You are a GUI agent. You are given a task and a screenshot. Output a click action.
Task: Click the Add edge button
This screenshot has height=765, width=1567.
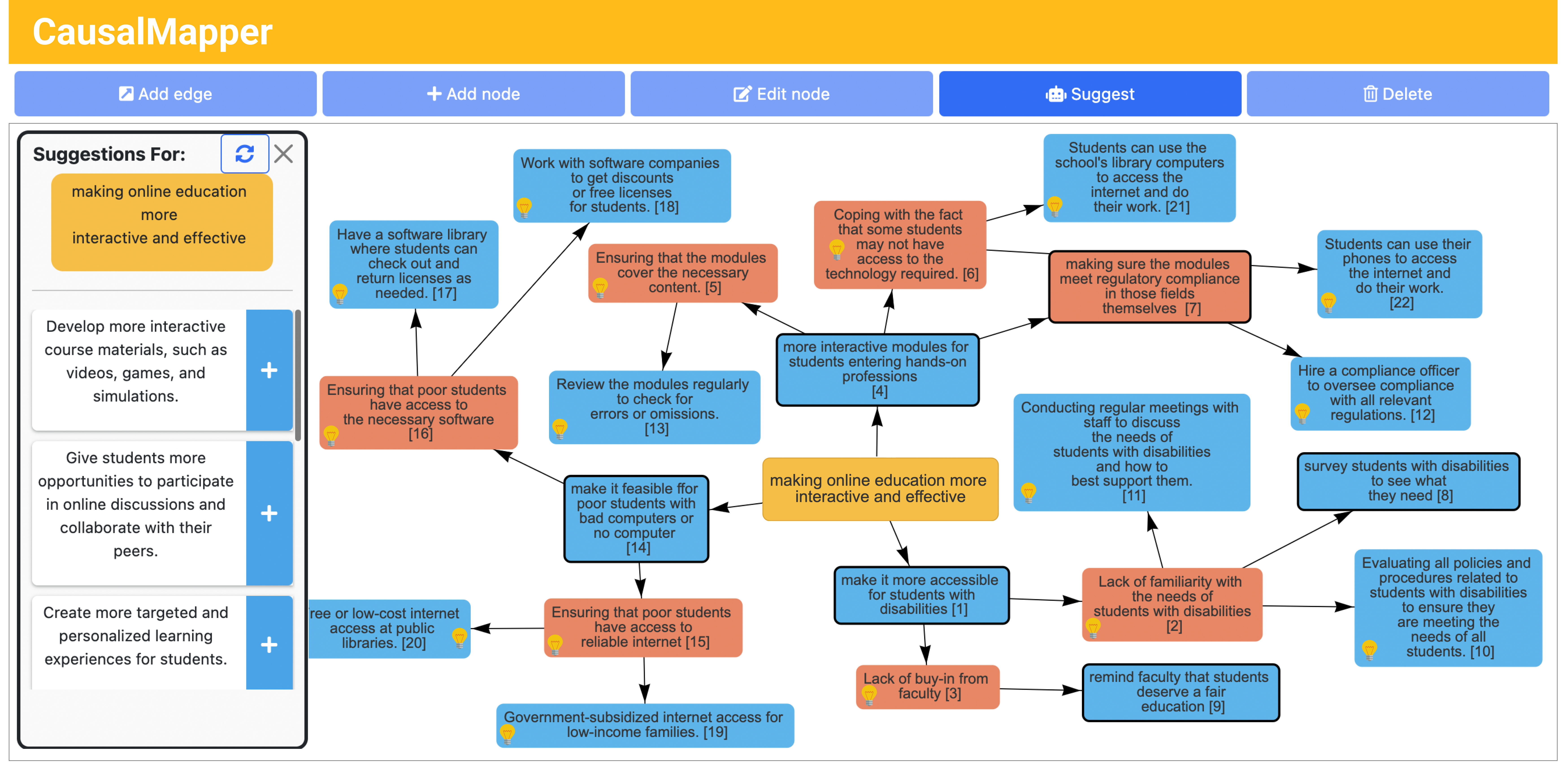click(165, 94)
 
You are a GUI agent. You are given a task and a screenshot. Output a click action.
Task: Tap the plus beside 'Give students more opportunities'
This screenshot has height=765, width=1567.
click(269, 513)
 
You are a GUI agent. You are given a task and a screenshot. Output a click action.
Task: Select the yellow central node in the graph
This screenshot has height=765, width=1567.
click(880, 488)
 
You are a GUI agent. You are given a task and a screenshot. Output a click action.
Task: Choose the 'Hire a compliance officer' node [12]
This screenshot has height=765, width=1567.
click(1380, 393)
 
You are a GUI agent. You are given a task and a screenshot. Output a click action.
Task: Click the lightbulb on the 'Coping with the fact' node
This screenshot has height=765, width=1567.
click(837, 249)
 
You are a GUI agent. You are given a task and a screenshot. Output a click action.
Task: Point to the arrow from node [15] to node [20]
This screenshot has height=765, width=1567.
click(508, 628)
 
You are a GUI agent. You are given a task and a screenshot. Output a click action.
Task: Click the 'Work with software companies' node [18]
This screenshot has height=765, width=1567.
click(622, 185)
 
